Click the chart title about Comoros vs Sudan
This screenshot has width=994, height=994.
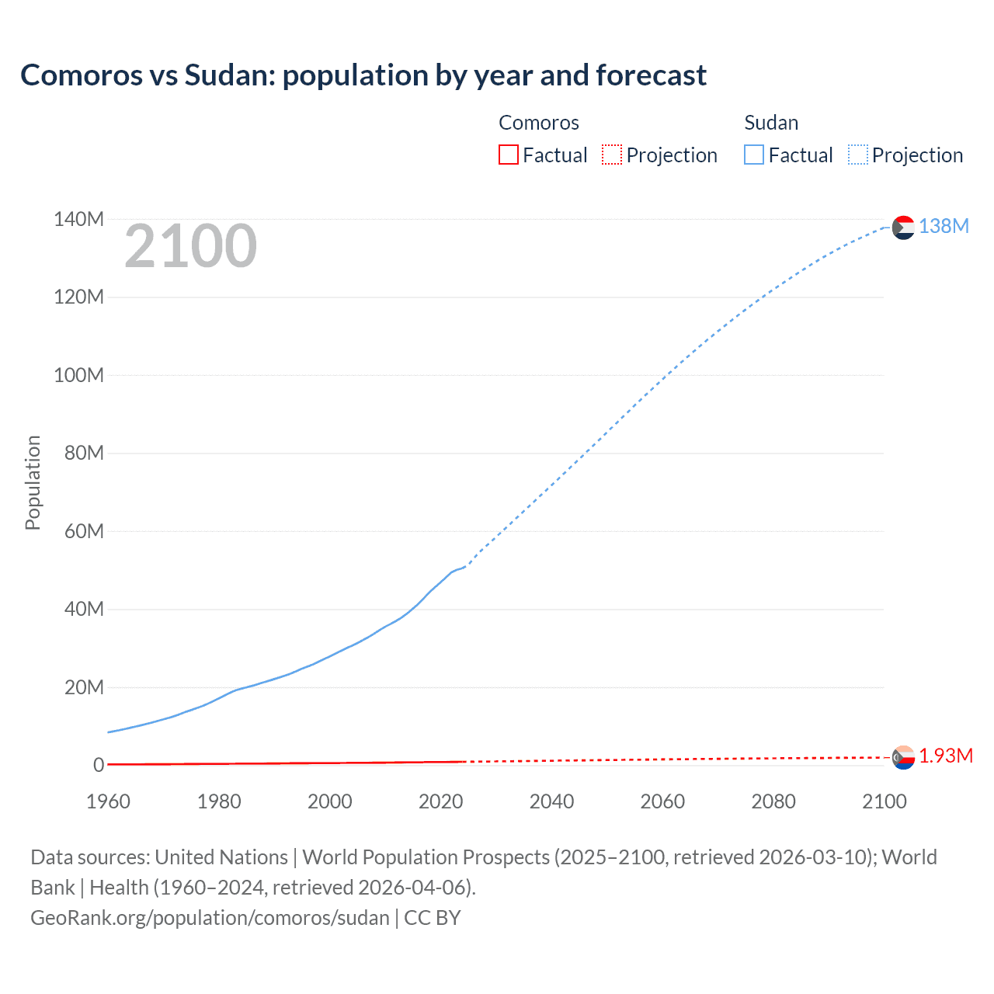pyautogui.click(x=363, y=75)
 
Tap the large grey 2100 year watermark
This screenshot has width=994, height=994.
pyautogui.click(x=190, y=246)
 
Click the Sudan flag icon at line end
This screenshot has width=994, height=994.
pyautogui.click(x=903, y=227)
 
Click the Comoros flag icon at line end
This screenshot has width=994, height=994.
pyautogui.click(x=903, y=756)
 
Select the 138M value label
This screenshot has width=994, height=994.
pyautogui.click(x=944, y=226)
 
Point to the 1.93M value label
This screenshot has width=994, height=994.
pyautogui.click(x=946, y=756)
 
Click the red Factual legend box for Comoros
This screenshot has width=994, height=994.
pyautogui.click(x=508, y=155)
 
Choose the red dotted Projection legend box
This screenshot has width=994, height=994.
pyautogui.click(x=612, y=155)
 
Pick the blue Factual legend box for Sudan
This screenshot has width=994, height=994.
pyautogui.click(x=754, y=155)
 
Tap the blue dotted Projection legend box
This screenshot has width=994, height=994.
pyautogui.click(x=858, y=155)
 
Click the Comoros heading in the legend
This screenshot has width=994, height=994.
pyautogui.click(x=538, y=123)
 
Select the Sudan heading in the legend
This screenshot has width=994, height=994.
pyautogui.click(x=771, y=123)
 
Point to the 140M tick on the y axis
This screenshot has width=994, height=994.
pyautogui.click(x=78, y=219)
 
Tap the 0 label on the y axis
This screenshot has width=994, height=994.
pyautogui.click(x=99, y=765)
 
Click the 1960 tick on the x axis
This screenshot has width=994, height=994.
pyautogui.click(x=108, y=801)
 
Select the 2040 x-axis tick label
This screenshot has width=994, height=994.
pyautogui.click(x=551, y=801)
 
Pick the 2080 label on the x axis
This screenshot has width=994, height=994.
pyautogui.click(x=773, y=801)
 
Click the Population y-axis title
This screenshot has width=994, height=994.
pyautogui.click(x=33, y=482)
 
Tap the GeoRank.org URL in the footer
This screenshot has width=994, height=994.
pyautogui.click(x=210, y=917)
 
